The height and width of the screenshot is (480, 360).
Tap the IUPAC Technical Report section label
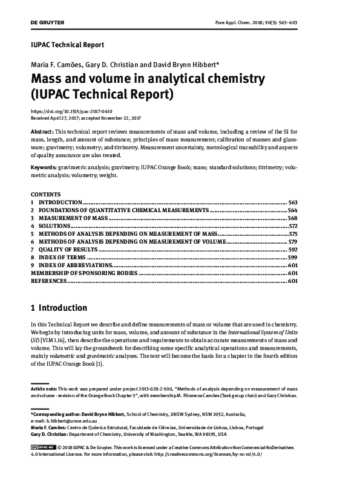click(x=67, y=45)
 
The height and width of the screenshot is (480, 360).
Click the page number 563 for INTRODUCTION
click(x=293, y=201)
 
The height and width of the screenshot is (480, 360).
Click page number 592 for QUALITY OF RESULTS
click(x=293, y=249)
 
